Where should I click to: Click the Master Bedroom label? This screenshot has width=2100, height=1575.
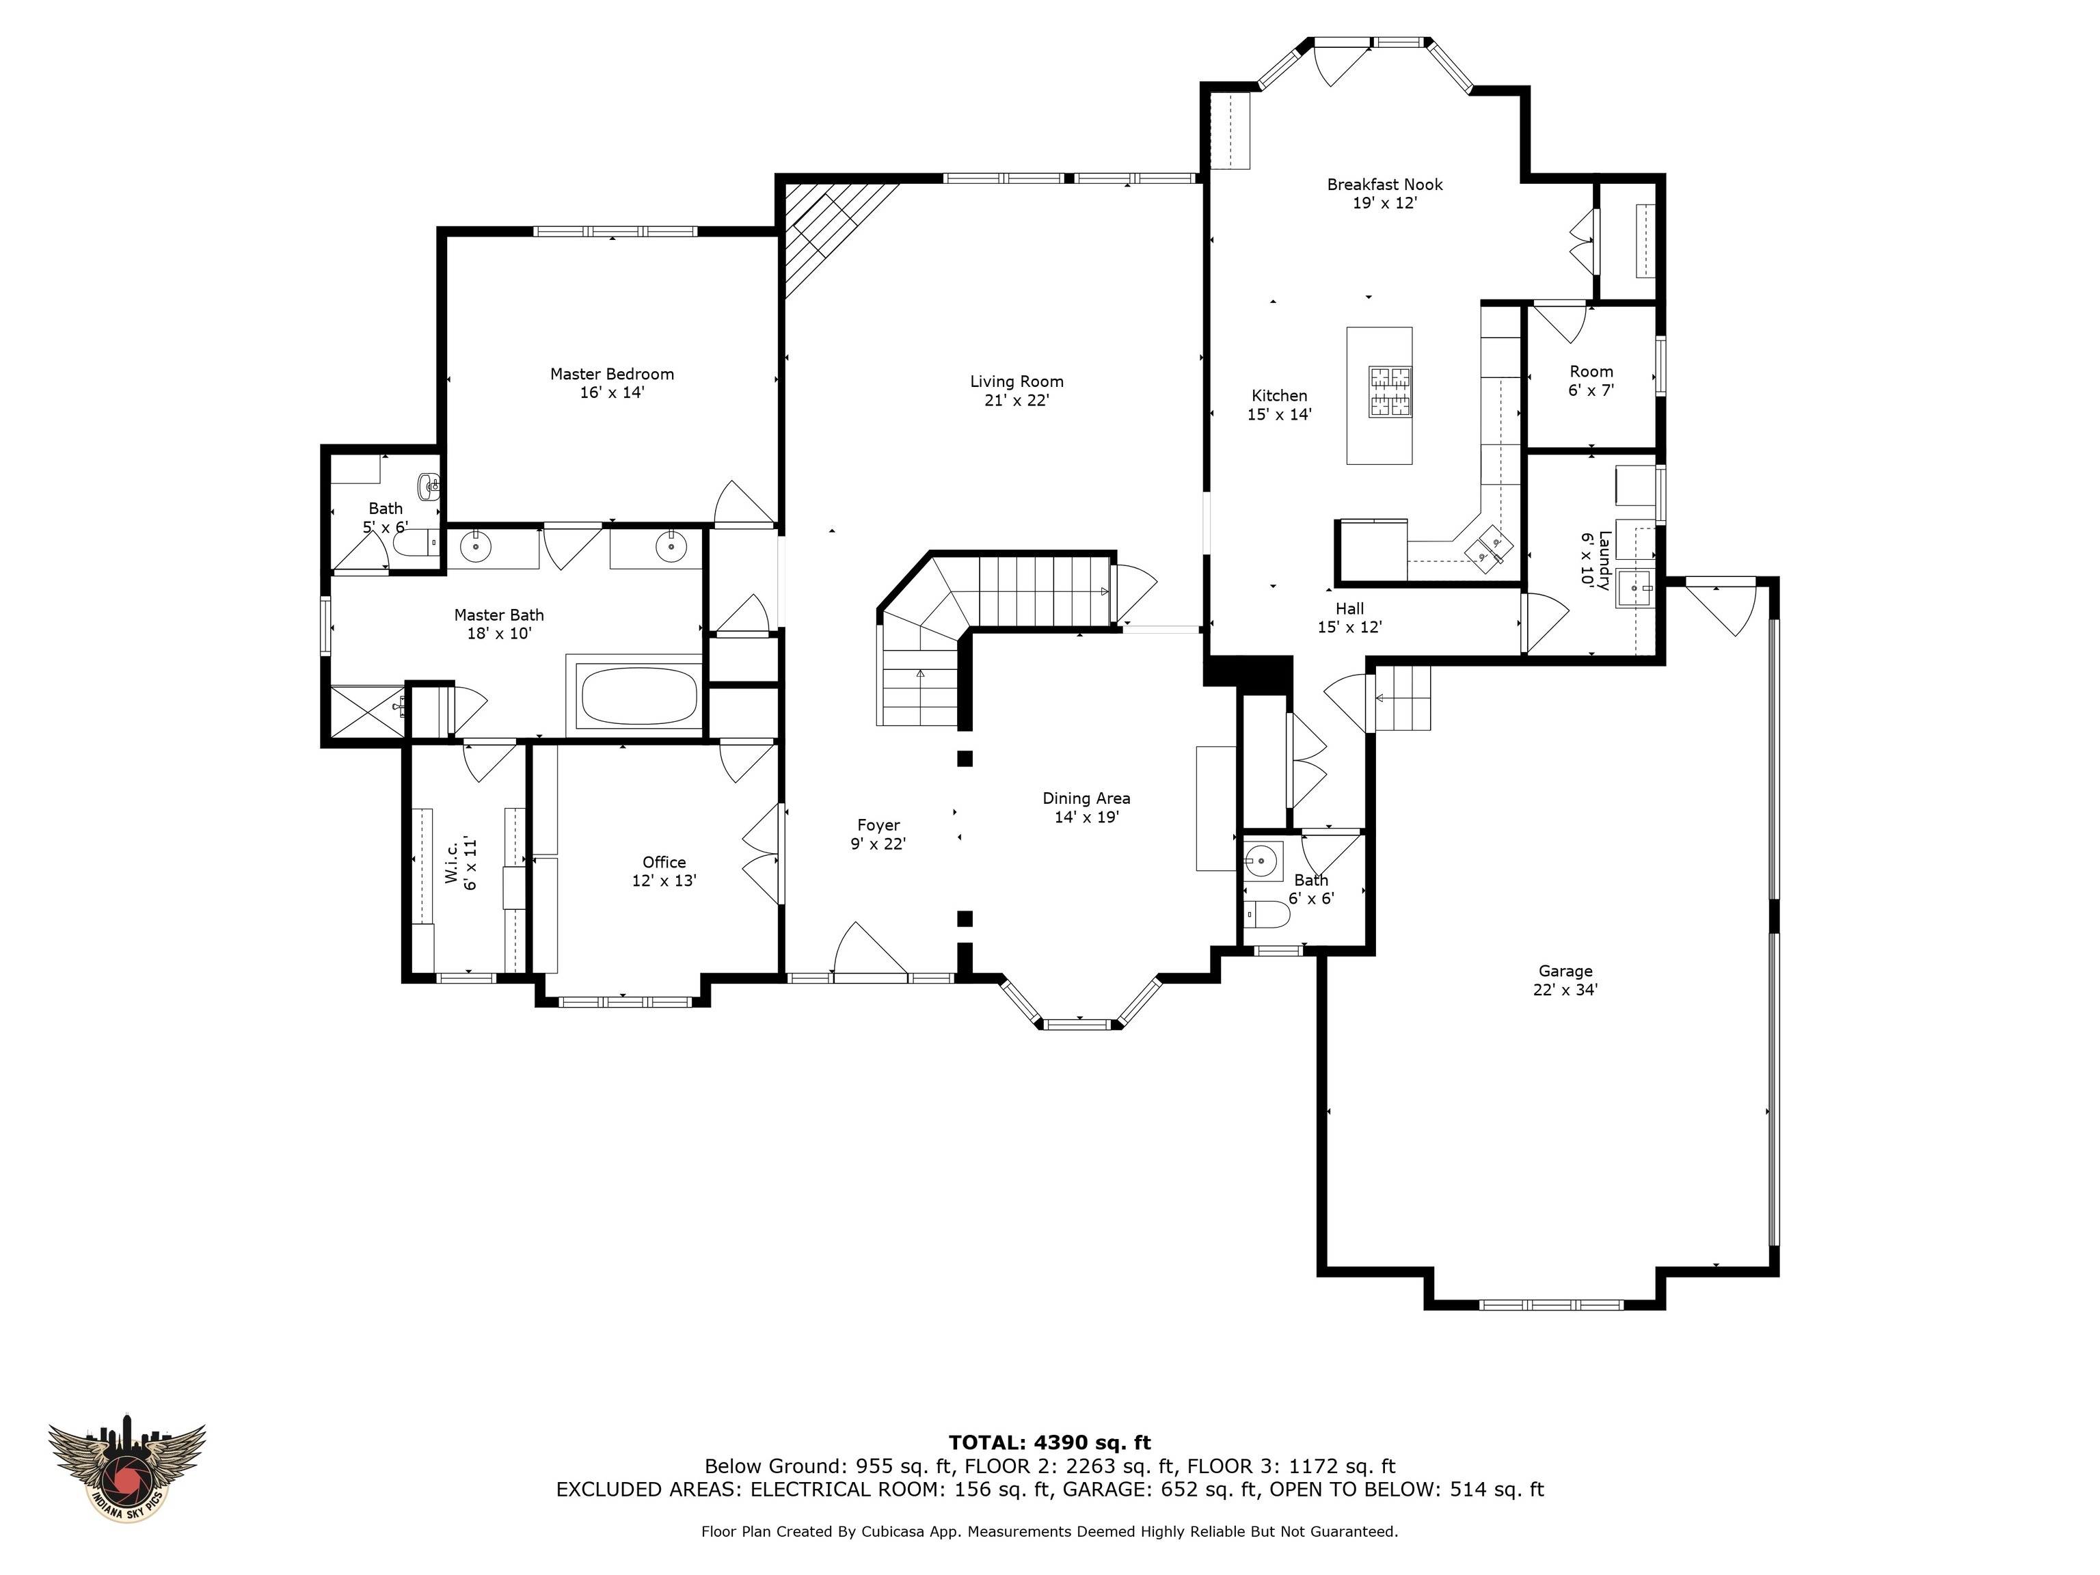612,383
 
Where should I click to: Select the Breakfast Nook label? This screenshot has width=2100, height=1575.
1385,193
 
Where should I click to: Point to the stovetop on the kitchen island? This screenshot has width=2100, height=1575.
1390,391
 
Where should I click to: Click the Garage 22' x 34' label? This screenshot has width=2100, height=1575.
1565,980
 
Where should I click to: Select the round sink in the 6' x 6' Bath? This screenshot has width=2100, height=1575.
1263,861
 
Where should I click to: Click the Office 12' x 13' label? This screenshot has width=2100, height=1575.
664,871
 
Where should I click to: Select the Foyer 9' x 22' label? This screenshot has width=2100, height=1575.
878,833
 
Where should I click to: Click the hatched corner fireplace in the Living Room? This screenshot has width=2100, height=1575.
826,228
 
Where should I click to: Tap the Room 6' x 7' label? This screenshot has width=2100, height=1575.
1591,380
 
